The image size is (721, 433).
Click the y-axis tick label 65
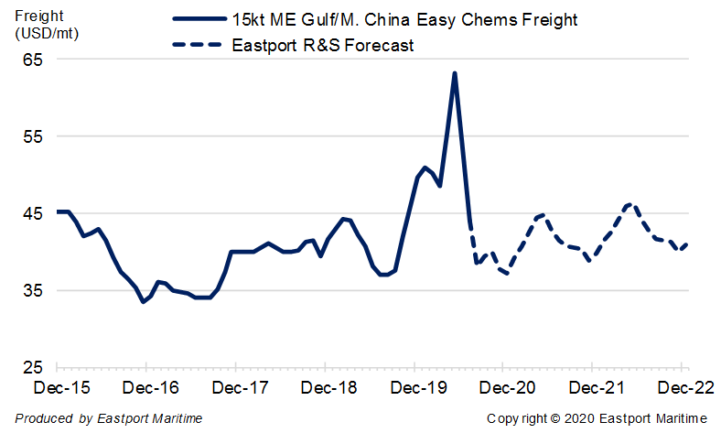pyautogui.click(x=33, y=60)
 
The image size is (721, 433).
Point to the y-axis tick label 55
pyautogui.click(x=33, y=136)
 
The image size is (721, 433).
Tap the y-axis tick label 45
pyautogui.click(x=33, y=214)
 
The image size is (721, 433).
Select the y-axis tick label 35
pyautogui.click(x=33, y=291)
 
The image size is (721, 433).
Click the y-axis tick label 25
pyautogui.click(x=33, y=368)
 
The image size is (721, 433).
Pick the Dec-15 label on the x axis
pyautogui.click(x=61, y=388)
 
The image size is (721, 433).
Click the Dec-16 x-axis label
pyautogui.click(x=150, y=388)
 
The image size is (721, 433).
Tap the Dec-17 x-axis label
pyautogui.click(x=240, y=388)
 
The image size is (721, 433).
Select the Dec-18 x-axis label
pyautogui.click(x=328, y=388)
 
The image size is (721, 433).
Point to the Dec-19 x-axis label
pyautogui.click(x=418, y=388)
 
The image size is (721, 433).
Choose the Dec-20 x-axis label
pyautogui.click(x=507, y=388)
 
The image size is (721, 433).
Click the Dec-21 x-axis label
pyautogui.click(x=597, y=388)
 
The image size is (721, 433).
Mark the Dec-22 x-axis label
pyautogui.click(x=686, y=388)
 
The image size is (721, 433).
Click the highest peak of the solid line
pyautogui.click(x=455, y=73)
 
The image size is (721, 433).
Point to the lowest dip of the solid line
pyautogui.click(x=144, y=302)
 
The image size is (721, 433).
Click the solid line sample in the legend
pyautogui.click(x=199, y=19)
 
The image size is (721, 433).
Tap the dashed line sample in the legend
pyautogui.click(x=198, y=45)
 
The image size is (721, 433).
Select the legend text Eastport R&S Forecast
pyautogui.click(x=322, y=46)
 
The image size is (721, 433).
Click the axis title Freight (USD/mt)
pyautogui.click(x=47, y=25)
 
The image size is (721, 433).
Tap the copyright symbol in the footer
pyautogui.click(x=555, y=418)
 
